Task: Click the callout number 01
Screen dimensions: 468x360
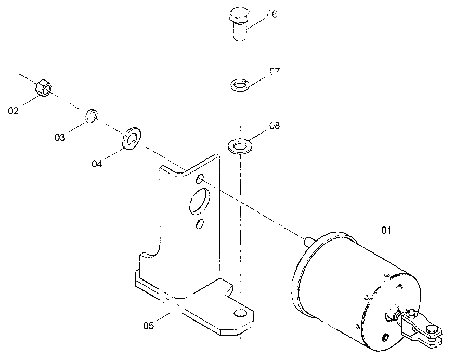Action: tap(386, 230)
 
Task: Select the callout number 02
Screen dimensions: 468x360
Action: tap(13, 111)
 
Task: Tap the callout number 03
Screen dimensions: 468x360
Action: tap(60, 137)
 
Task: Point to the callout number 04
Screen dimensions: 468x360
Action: tap(97, 164)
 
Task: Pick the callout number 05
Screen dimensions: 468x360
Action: tap(149, 325)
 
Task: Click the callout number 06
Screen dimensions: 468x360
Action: tap(272, 14)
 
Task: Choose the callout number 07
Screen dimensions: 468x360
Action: tap(275, 71)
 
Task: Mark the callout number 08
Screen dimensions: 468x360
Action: tap(275, 126)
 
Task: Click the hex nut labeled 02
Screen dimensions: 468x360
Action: tap(44, 88)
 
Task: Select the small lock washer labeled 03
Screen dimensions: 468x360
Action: tap(92, 116)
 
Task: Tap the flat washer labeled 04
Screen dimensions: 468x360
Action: tap(132, 138)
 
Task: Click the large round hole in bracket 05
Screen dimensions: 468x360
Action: tap(200, 201)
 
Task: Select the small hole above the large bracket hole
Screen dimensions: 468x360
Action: tap(200, 179)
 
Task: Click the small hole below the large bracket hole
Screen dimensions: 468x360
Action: tap(200, 223)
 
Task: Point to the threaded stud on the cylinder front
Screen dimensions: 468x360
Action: tap(309, 241)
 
